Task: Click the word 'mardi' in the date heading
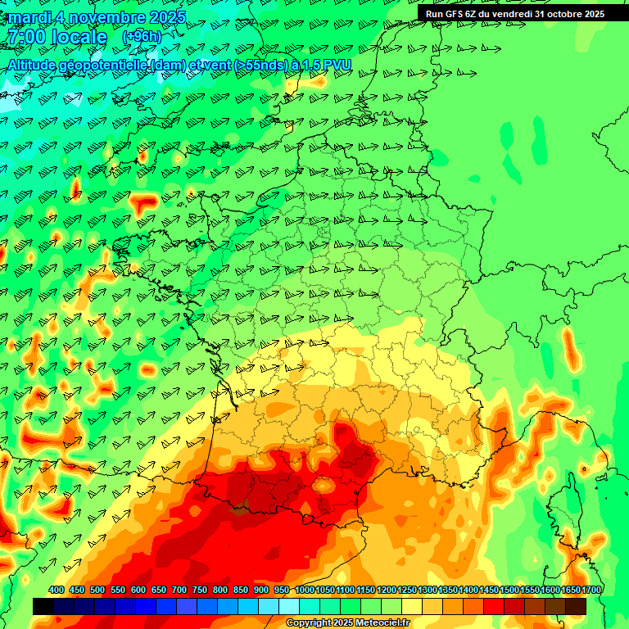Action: click(x=31, y=17)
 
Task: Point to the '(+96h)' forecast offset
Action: click(x=141, y=37)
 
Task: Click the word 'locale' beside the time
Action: click(x=79, y=37)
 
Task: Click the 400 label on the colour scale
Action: click(x=57, y=591)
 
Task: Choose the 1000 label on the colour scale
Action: click(x=305, y=591)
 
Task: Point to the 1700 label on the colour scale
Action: click(x=591, y=591)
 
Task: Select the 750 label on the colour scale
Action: click(x=200, y=591)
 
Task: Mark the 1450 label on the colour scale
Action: click(x=489, y=591)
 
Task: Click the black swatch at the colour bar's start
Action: click(x=43, y=606)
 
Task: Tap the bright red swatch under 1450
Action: click(x=494, y=606)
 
